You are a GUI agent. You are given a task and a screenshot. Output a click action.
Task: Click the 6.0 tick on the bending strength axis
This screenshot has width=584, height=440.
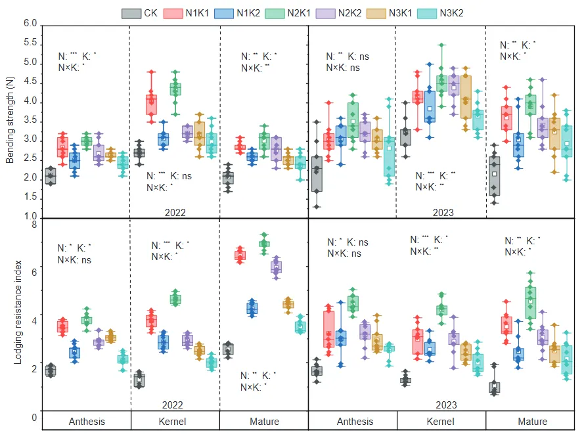30,24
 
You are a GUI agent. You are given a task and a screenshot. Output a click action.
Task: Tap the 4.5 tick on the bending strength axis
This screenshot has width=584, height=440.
30,83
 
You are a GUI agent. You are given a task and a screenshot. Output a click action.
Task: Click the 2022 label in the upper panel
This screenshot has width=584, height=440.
175,212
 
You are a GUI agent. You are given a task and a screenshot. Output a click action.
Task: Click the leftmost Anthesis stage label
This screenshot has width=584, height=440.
87,422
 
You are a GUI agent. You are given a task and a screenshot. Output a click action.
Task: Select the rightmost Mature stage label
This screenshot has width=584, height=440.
532,422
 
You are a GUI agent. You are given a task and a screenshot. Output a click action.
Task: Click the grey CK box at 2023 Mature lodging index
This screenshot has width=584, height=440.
494,387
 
